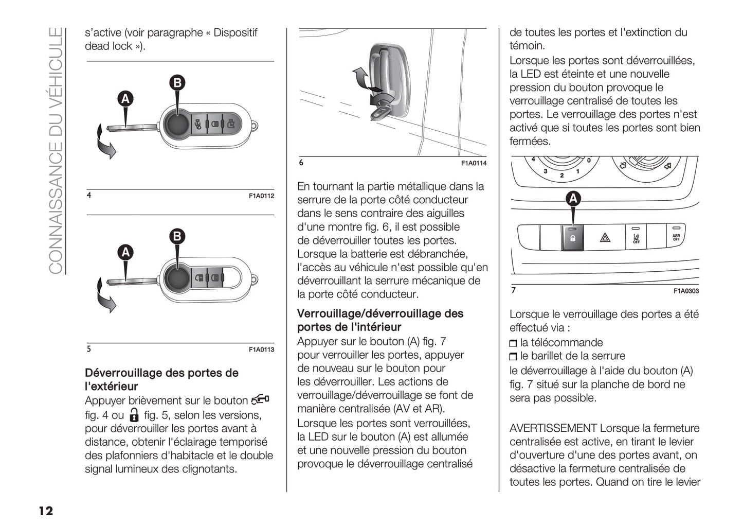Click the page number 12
pos(46,511)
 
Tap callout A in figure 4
pos(125,99)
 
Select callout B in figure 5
pos(177,236)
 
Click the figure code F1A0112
pos(261,196)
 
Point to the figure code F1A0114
pos(474,163)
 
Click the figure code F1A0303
pos(686,291)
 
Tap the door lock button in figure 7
pos(573,238)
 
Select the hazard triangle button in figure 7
pos(605,238)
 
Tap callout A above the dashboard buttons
pos(573,199)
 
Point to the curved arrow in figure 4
pos(105,144)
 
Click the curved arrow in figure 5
pos(105,297)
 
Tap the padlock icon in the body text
pos(134,415)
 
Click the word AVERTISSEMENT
pos(553,428)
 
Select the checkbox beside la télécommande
pos(513,343)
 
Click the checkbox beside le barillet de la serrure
pos(513,357)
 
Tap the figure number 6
pos(301,163)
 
